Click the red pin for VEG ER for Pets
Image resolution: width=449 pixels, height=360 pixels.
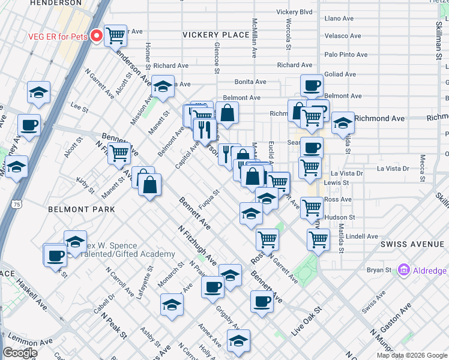pyautogui.click(x=95, y=36)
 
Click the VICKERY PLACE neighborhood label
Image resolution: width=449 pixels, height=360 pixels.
pyautogui.click(x=215, y=35)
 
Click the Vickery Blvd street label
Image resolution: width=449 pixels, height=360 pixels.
pyautogui.click(x=294, y=12)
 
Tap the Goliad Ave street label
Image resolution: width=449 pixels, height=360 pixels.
pyautogui.click(x=341, y=74)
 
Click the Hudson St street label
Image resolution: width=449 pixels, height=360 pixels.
pyautogui.click(x=340, y=217)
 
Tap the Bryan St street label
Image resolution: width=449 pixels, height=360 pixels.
pyautogui.click(x=379, y=271)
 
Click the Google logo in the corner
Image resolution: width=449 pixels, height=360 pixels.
pyautogui.click(x=20, y=353)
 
